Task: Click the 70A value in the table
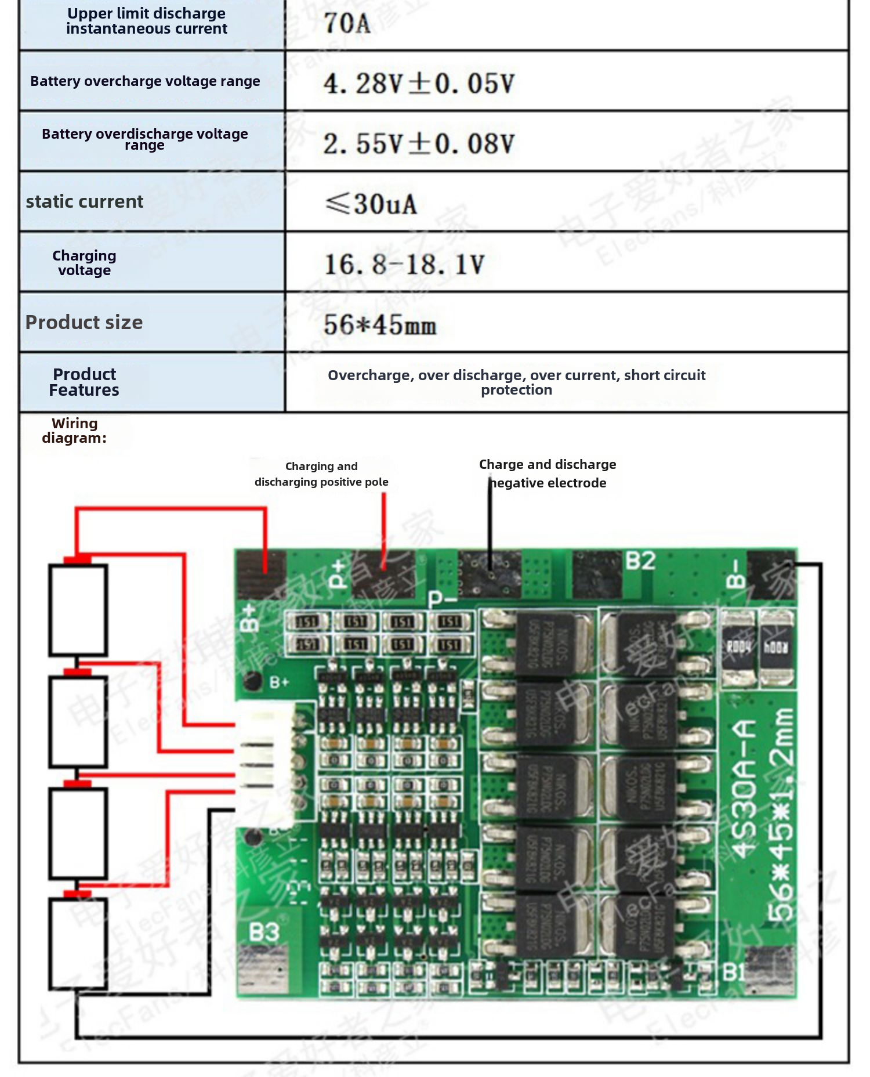click(347, 24)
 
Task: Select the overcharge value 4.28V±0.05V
click(419, 84)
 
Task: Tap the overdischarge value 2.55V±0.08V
click(419, 144)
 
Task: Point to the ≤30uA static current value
click(371, 204)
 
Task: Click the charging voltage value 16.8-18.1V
click(404, 265)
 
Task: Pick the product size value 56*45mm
click(380, 325)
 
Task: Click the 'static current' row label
click(84, 202)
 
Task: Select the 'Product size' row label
click(84, 323)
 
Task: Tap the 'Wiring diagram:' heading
click(74, 431)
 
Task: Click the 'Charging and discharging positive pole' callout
click(321, 474)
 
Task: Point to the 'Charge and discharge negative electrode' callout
click(547, 474)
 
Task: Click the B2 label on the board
click(640, 561)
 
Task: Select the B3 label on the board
click(264, 933)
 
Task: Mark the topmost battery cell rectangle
click(78, 610)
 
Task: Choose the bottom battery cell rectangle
click(78, 944)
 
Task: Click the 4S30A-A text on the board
click(744, 789)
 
